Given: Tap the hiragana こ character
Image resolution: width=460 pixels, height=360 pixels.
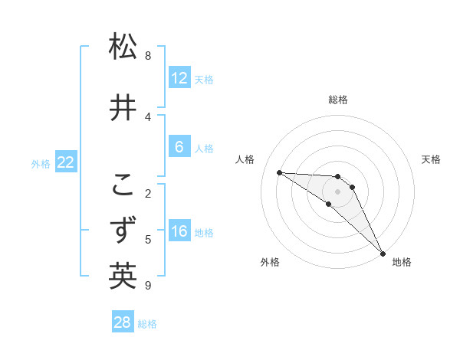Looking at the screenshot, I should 123,185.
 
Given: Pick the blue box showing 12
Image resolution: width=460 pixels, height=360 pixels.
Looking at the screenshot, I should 179,78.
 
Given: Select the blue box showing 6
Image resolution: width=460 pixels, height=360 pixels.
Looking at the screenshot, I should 179,147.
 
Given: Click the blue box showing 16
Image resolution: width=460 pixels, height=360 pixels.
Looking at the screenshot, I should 179,231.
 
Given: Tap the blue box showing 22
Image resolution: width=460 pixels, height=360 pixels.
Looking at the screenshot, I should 66,162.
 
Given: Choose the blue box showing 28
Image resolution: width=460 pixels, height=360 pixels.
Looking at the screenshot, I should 123,322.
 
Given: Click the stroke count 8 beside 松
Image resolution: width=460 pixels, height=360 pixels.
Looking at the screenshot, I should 148,56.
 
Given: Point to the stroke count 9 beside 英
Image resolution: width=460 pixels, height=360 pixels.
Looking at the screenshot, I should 148,286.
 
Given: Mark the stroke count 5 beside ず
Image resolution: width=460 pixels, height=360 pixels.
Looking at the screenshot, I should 148,239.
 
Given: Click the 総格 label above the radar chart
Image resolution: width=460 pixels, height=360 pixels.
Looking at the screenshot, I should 338,100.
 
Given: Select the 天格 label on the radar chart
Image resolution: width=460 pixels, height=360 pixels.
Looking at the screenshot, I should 432,159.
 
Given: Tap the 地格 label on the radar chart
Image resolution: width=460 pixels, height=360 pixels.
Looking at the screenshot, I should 402,262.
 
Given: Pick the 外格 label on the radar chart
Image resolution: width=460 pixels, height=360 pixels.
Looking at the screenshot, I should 270,262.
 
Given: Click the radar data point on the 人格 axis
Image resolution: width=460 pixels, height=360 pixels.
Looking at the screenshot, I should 279,172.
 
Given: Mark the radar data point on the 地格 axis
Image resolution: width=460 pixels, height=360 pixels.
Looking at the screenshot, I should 383,253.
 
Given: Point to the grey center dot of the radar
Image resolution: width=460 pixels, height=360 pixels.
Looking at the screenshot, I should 337,191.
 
